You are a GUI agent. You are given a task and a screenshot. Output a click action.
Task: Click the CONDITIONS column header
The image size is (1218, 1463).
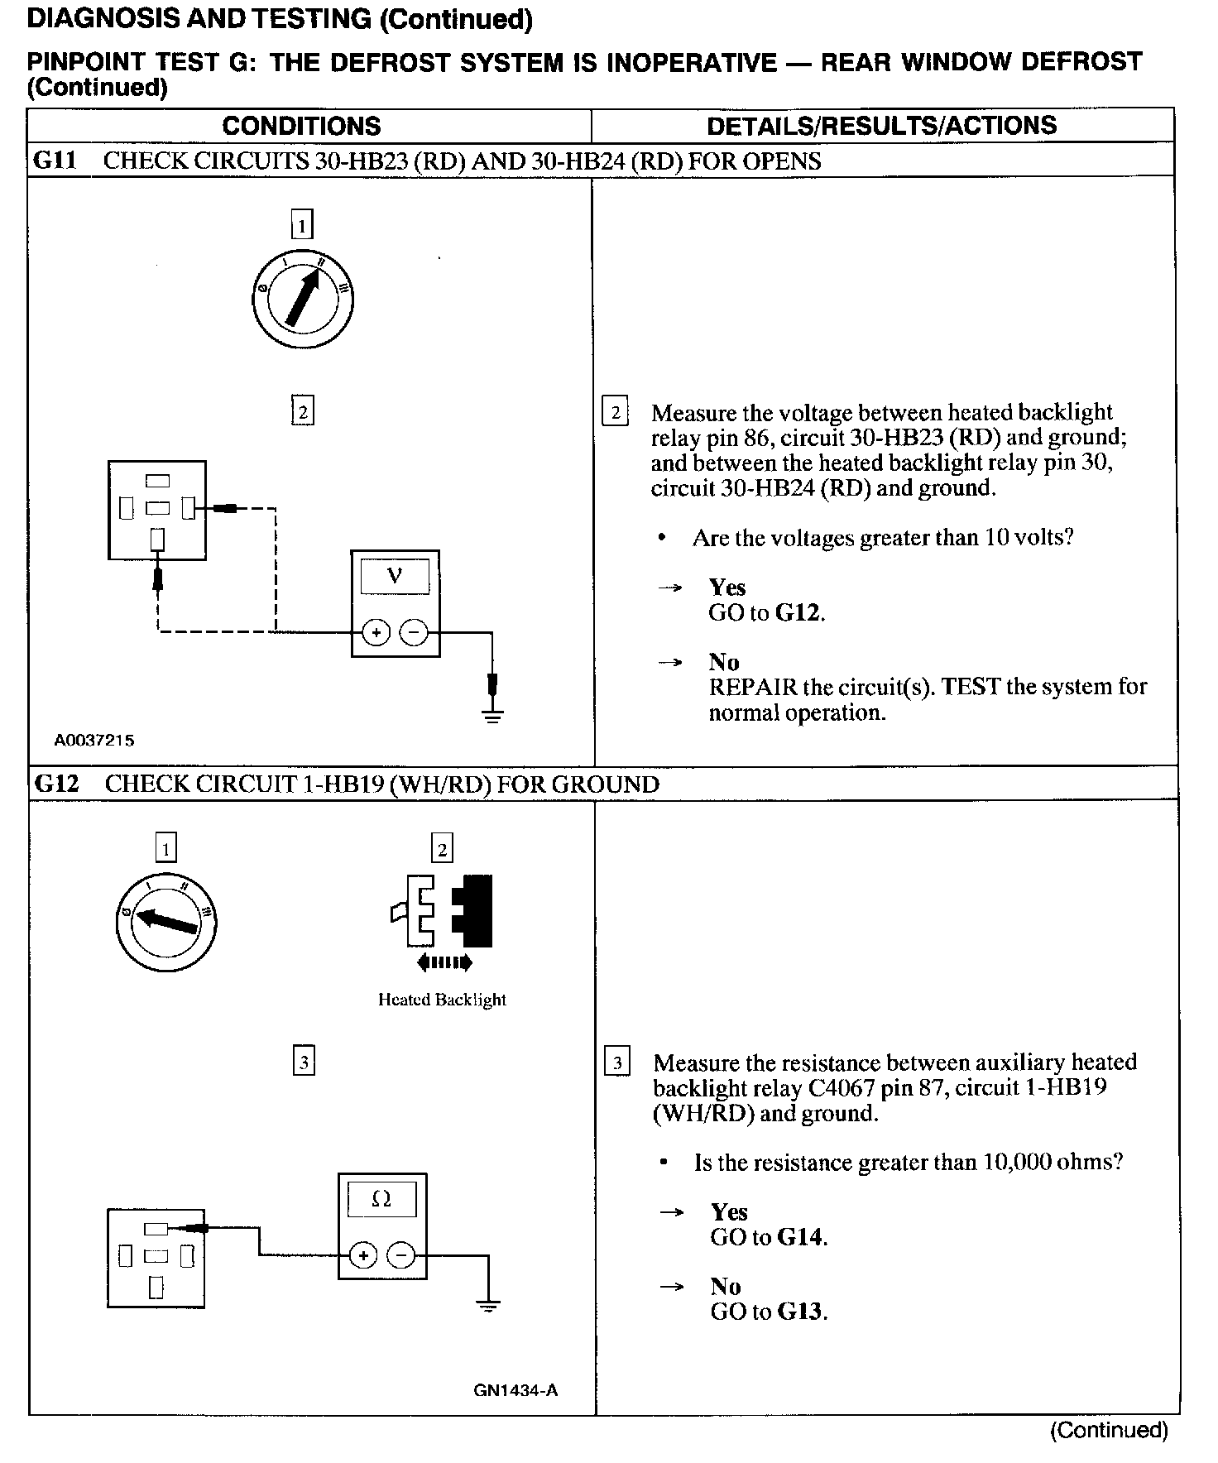point(301,126)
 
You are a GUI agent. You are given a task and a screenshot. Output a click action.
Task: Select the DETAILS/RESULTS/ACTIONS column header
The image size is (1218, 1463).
point(881,125)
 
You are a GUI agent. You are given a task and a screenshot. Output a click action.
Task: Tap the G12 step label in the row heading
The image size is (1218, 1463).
point(55,784)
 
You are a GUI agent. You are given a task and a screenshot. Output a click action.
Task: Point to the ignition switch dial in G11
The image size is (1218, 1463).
point(303,299)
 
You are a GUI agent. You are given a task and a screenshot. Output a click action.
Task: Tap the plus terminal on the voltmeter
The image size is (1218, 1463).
point(376,633)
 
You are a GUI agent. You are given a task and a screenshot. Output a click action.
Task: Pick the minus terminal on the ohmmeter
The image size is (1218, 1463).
point(401,1255)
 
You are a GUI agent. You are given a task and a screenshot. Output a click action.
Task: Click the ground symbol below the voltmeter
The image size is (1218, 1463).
point(492,713)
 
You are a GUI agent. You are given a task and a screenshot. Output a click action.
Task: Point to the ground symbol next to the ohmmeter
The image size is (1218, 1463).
point(489,1307)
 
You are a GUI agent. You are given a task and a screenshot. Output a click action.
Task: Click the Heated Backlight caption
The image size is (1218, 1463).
point(442,1000)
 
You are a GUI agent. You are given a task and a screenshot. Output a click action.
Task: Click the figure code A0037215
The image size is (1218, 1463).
point(94,741)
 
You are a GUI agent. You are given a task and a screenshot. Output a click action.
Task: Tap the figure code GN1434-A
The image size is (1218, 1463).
point(515,1390)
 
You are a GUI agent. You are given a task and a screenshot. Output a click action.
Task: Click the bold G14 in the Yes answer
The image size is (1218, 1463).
point(802,1238)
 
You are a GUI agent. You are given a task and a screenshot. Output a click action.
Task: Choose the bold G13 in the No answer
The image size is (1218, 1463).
point(802,1312)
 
